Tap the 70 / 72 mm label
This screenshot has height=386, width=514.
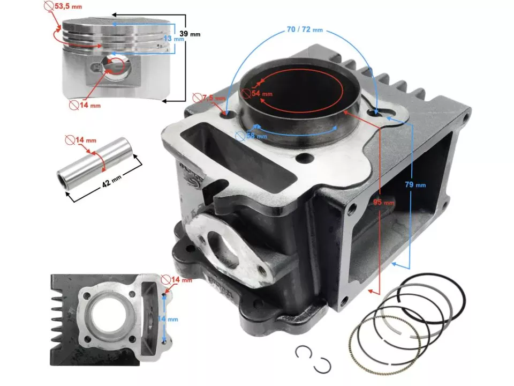[305, 29]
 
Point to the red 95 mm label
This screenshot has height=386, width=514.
[384, 203]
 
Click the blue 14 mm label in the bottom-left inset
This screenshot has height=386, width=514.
[172, 318]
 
